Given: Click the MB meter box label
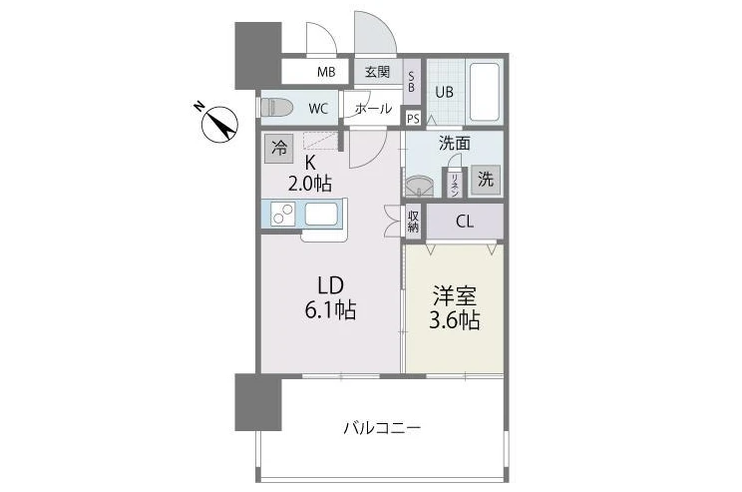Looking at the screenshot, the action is pos(326,72).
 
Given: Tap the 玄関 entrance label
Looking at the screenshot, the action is pos(377,72).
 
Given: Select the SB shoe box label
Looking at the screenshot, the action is pos(411,82).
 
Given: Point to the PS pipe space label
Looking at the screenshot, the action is pos(413,119).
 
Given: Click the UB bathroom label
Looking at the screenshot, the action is pos(444,92).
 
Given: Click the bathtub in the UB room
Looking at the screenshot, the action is pos(484,92).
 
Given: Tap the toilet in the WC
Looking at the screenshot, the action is pos(277,108).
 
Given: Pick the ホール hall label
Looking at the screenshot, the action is pos(373,109).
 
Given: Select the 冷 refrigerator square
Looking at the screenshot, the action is pos(278,149).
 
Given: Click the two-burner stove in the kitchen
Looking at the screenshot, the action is pos(283,214).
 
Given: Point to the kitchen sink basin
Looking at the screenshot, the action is pos(321,214).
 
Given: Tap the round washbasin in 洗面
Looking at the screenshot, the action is pos(419,186).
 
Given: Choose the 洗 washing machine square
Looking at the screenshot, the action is pos(485,180).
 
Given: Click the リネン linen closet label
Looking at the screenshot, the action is pos(455,185).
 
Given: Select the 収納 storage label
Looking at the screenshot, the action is pos(413,222).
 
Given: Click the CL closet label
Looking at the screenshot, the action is pos(464,222).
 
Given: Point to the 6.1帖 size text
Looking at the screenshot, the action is pos(330,310).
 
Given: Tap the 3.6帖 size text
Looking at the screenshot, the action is pos(454,320).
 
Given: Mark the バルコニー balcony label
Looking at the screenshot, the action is pos(382,428).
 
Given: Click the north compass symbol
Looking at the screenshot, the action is pos(218,123).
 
